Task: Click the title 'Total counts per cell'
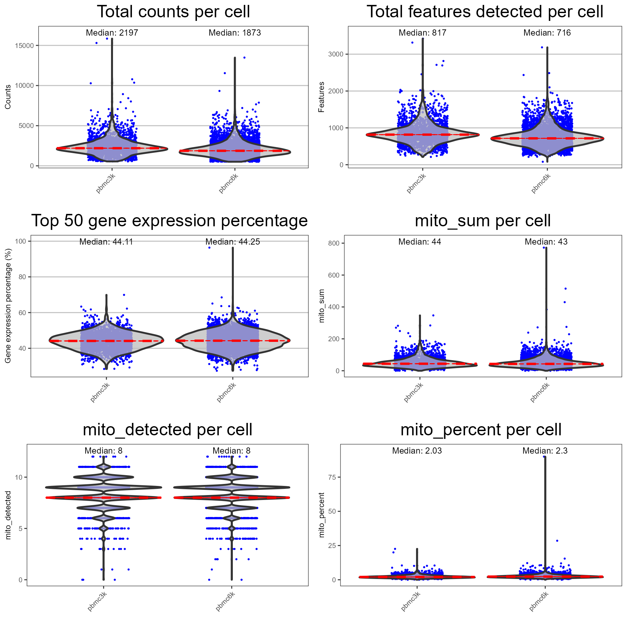(173, 12)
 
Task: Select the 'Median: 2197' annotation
(112, 33)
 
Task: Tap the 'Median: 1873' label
(235, 33)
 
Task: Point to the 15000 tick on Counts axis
(24, 46)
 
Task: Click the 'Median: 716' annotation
(547, 33)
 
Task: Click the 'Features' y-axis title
(322, 97)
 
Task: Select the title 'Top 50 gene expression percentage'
(169, 221)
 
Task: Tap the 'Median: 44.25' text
(233, 242)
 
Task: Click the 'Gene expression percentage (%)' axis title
(8, 306)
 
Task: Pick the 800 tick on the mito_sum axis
(334, 243)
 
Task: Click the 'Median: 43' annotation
(546, 242)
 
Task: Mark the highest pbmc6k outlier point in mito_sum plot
(544, 248)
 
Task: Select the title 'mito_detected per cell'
(168, 430)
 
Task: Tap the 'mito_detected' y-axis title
(8, 515)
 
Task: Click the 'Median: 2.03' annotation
(417, 451)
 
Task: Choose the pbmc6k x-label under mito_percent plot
(539, 601)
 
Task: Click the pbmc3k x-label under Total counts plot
(106, 184)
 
